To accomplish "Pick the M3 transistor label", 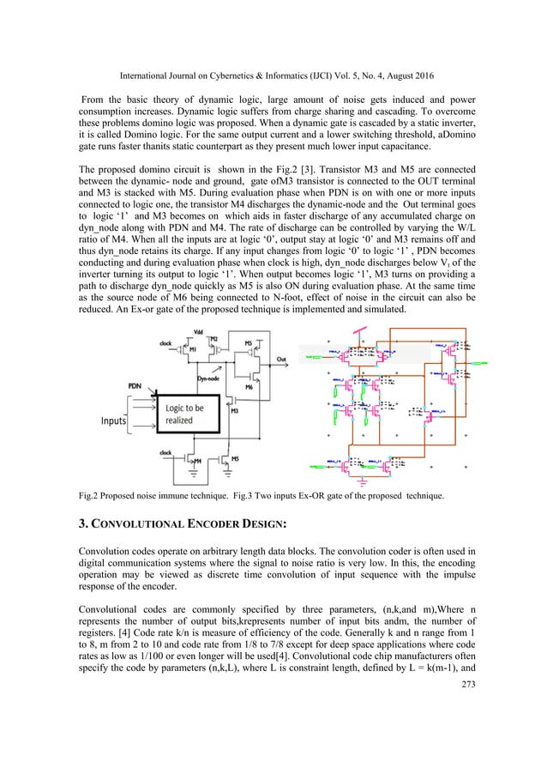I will [x=233, y=410].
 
